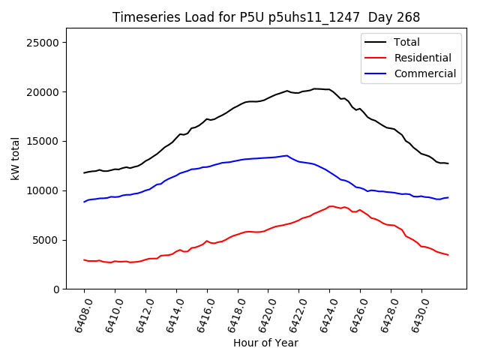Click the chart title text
tap(266, 17)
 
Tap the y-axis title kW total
tap(16, 159)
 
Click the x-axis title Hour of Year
tap(265, 343)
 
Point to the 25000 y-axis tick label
tap(43, 43)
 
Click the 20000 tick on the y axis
tap(43, 92)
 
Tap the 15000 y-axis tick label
tap(43, 141)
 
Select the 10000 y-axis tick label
tap(43, 190)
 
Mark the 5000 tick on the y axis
tap(46, 240)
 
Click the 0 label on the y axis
tap(55, 289)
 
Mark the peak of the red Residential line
tap(331, 205)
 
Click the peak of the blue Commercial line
tap(287, 155)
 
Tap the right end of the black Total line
tap(448, 163)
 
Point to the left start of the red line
tap(84, 259)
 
